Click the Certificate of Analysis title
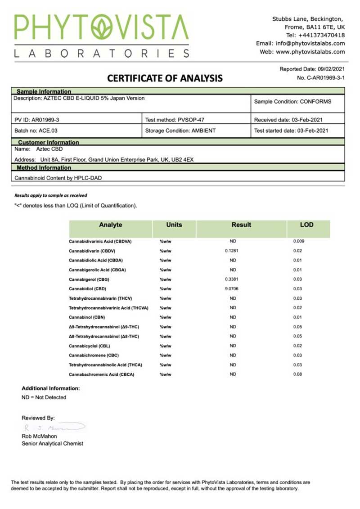point(165,79)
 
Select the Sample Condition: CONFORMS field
point(292,102)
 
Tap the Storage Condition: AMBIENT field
point(180,131)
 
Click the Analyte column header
point(110,225)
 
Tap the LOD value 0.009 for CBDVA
point(299,241)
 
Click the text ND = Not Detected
point(44,397)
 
